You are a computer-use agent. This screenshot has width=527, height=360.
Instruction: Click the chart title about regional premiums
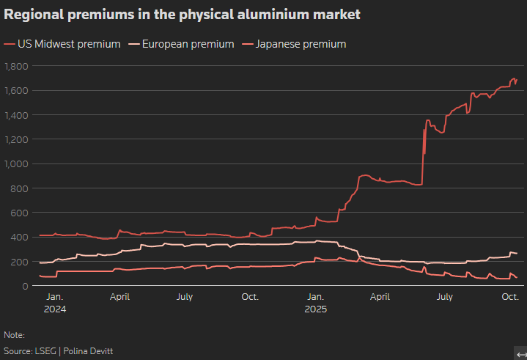pyautogui.click(x=182, y=15)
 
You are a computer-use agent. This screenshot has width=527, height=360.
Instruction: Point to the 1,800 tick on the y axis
pyautogui.click(x=16, y=66)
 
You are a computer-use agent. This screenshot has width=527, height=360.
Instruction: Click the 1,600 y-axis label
pyautogui.click(x=16, y=91)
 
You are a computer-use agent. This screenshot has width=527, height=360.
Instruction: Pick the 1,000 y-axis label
pyautogui.click(x=16, y=164)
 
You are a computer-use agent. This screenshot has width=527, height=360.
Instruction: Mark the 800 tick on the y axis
pyautogui.click(x=19, y=188)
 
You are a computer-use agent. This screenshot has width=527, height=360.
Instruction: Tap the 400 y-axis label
pyautogui.click(x=19, y=238)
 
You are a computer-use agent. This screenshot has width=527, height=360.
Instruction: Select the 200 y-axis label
pyautogui.click(x=19, y=262)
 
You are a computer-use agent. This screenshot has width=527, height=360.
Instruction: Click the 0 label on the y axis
pyautogui.click(x=25, y=286)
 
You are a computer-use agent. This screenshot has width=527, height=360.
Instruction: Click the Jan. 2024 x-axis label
pyautogui.click(x=54, y=303)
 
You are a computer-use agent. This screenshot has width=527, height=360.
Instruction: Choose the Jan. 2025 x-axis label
pyautogui.click(x=315, y=303)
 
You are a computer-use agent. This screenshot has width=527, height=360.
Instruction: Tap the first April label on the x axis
pyautogui.click(x=120, y=297)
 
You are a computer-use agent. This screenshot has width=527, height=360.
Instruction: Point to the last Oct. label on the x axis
pyautogui.click(x=510, y=297)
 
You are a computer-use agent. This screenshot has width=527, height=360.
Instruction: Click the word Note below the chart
pyautogui.click(x=14, y=335)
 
